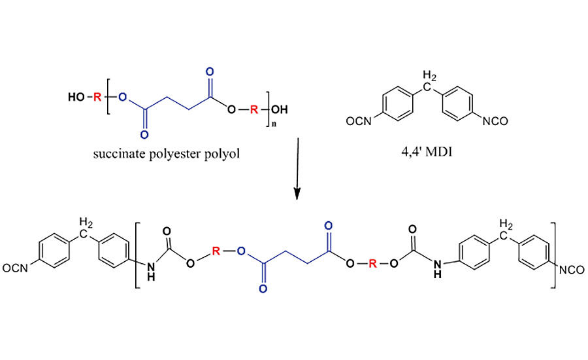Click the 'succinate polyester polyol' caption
(167, 154)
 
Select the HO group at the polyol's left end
(76, 98)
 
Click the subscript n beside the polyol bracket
(274, 124)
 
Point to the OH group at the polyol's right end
(280, 110)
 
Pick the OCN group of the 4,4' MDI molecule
(358, 121)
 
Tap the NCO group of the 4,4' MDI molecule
(495, 121)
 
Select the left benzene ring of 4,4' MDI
(397, 104)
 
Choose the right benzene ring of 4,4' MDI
(458, 104)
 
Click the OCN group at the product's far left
(15, 268)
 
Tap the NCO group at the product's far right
(572, 270)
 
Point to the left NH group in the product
(151, 272)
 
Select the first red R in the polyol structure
(97, 98)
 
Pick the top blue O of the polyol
(210, 71)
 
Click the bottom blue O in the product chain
(263, 289)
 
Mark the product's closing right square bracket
(553, 255)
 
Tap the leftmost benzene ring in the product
(54, 251)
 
